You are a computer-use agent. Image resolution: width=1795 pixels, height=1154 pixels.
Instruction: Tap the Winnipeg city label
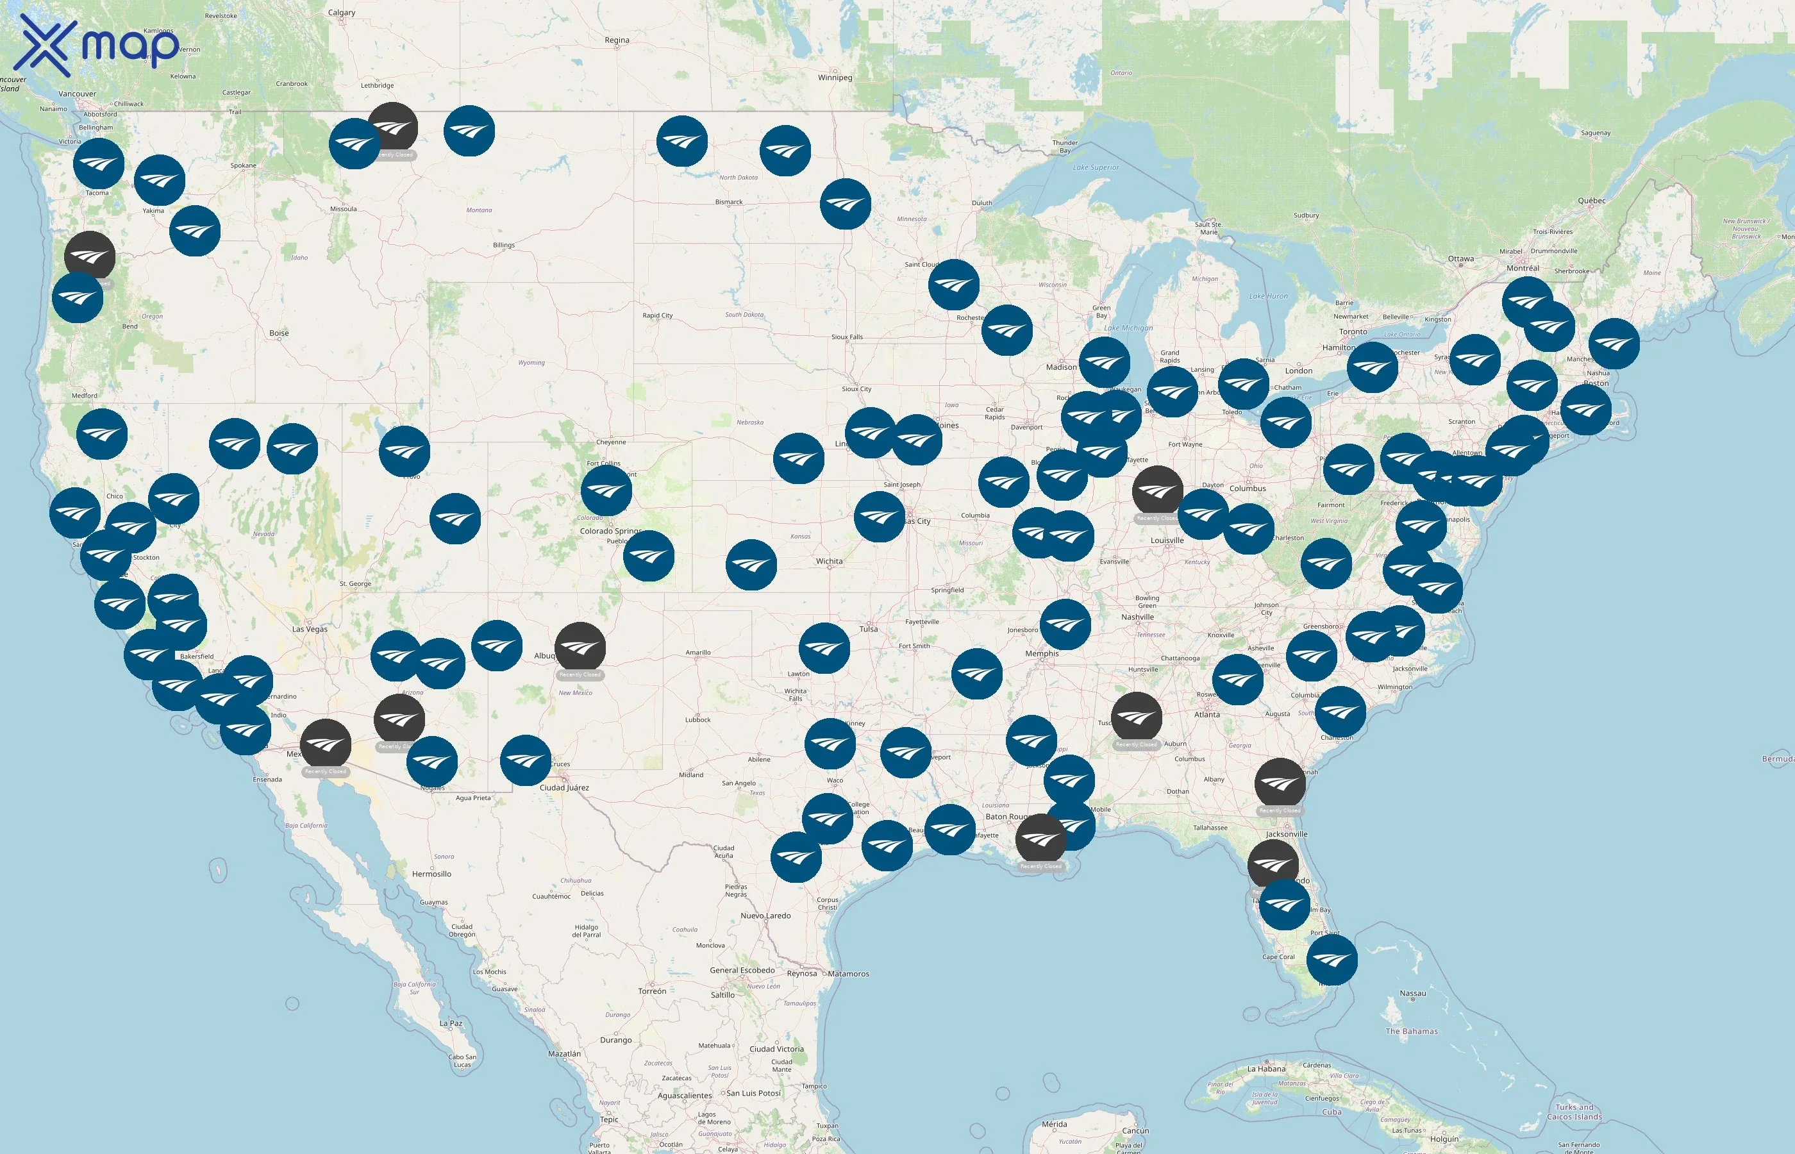(835, 77)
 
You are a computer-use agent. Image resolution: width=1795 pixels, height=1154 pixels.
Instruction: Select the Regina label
(617, 40)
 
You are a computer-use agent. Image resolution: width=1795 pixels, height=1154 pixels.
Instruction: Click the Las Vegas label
(310, 629)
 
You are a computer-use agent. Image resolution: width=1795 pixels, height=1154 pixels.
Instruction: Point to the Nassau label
(1412, 993)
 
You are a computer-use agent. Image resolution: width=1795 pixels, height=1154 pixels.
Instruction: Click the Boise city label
(279, 333)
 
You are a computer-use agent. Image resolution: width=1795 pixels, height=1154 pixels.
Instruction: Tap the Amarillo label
(697, 652)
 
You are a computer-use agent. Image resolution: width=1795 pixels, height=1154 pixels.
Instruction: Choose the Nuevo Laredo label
(765, 915)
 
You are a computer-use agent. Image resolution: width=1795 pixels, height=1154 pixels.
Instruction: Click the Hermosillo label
(431, 874)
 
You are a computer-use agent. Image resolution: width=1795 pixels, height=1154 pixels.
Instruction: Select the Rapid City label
(657, 315)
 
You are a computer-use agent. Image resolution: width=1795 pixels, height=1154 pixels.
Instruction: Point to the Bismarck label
(728, 201)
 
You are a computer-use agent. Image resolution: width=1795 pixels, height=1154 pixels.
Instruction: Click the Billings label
(503, 245)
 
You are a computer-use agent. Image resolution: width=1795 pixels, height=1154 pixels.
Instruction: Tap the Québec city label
(1591, 200)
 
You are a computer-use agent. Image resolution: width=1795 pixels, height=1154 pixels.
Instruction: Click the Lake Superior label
(1096, 167)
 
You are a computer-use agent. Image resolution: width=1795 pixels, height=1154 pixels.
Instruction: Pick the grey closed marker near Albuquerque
(580, 647)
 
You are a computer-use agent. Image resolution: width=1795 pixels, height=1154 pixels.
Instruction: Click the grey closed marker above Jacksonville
(1280, 783)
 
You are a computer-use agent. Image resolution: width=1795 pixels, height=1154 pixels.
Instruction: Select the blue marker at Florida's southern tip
(1332, 959)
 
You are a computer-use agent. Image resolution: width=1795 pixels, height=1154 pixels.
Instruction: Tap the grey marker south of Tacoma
(90, 256)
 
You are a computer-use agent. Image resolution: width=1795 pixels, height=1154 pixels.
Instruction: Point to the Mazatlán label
(564, 1053)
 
